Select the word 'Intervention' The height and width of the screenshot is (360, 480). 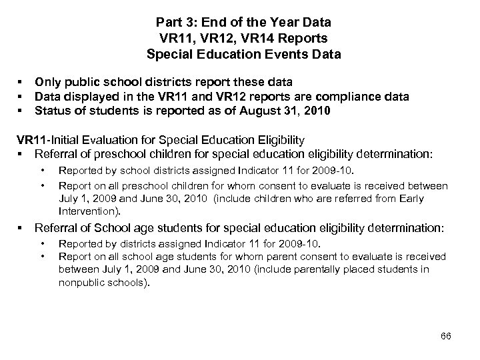tap(89, 211)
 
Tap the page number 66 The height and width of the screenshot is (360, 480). tap(446, 335)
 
